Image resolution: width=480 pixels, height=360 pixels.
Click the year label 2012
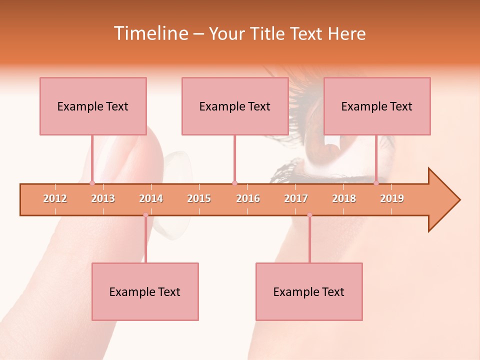[55, 198]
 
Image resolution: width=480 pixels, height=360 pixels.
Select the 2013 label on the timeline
[103, 198]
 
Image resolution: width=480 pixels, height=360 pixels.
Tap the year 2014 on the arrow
[151, 198]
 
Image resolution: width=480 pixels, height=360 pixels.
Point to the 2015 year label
[199, 198]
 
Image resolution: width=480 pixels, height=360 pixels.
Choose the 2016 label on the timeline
[248, 198]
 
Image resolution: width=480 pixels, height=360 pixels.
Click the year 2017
[296, 198]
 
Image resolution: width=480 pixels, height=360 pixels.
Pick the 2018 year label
[344, 198]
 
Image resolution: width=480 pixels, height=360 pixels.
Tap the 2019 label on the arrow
[392, 198]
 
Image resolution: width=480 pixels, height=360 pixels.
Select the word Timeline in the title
[150, 33]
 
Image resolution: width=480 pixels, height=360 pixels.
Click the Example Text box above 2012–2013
[93, 106]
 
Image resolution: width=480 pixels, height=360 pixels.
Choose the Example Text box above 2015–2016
[235, 106]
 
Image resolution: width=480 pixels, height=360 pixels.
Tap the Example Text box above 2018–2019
[377, 106]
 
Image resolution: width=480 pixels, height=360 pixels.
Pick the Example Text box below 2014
[145, 291]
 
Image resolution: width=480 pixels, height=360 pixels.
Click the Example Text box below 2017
[309, 291]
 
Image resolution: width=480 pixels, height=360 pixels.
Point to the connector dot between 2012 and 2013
[92, 183]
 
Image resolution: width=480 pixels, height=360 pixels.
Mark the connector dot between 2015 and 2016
[234, 183]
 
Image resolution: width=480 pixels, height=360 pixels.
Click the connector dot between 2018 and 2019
[376, 183]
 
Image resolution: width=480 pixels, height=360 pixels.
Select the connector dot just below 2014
[145, 215]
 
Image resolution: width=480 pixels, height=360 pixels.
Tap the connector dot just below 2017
[309, 215]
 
